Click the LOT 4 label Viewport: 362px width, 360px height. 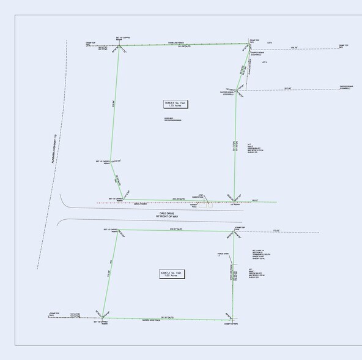pyautogui.click(x=270, y=43)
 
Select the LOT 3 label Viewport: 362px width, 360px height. pyautogui.click(x=264, y=63)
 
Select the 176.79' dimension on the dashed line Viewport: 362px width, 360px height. pyautogui.click(x=294, y=47)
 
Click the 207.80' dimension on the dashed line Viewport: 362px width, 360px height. pyautogui.click(x=287, y=88)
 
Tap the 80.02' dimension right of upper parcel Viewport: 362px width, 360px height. pyautogui.click(x=256, y=201)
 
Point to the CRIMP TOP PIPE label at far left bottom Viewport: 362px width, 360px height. pyautogui.click(x=54, y=314)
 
